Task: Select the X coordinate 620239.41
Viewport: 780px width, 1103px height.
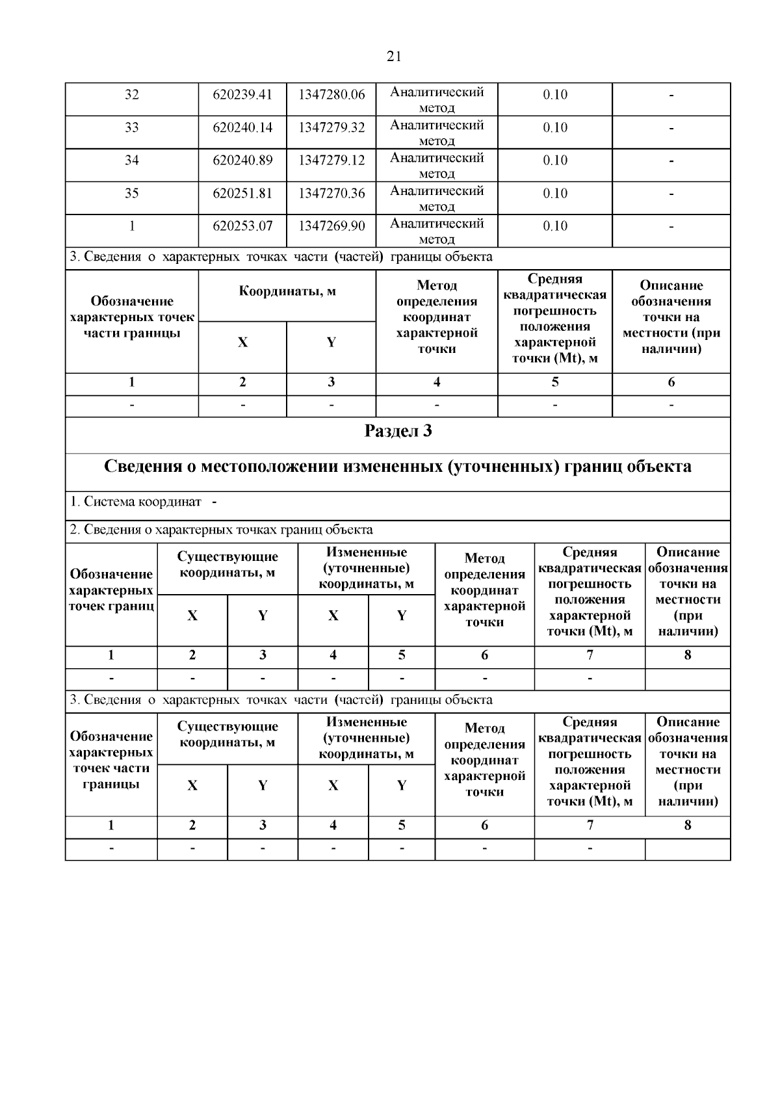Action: pos(242,95)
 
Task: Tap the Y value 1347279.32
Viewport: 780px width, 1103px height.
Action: pos(331,127)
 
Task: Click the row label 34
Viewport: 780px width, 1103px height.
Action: pos(132,161)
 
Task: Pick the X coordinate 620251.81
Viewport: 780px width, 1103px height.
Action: pos(242,193)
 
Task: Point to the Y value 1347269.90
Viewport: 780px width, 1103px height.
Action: pos(331,226)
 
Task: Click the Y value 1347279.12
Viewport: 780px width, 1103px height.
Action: pos(331,161)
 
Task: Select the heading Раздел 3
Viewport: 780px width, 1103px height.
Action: pos(398,432)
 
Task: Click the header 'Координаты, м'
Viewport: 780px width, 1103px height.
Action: pos(287,291)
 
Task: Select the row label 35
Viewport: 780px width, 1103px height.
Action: pos(132,193)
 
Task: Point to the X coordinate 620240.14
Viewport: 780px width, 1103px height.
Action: pos(242,127)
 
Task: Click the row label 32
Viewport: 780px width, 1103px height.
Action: pos(132,95)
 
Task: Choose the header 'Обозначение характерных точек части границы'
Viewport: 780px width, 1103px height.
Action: pos(132,317)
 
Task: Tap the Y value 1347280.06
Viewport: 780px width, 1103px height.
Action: pos(331,95)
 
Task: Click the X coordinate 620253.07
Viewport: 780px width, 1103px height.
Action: pos(242,226)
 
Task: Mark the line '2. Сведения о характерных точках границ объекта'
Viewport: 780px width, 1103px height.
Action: pos(221,530)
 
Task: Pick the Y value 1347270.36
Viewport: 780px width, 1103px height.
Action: pos(331,193)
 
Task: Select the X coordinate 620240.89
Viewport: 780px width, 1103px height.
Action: pos(242,161)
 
